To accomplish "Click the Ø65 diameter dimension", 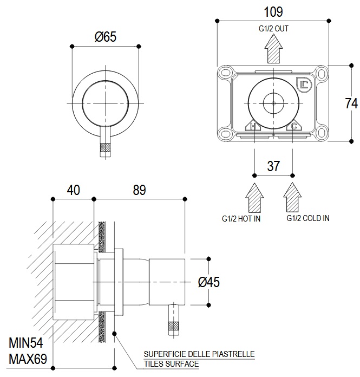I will [x=105, y=37].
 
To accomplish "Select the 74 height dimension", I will [x=352, y=103].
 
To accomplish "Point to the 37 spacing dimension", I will [x=274, y=166].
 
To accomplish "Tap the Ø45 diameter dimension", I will [x=208, y=282].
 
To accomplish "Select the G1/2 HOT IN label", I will [x=241, y=218].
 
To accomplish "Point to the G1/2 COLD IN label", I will [x=307, y=218].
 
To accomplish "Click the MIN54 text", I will [x=25, y=343].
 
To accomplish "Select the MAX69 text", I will [x=27, y=358].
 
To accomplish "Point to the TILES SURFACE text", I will [x=171, y=363].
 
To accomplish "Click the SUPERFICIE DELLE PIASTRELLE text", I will [x=199, y=354].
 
